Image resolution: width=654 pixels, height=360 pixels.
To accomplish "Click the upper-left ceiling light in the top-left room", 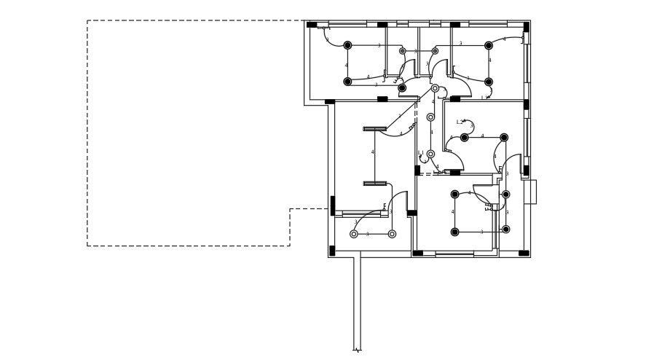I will click(347, 45).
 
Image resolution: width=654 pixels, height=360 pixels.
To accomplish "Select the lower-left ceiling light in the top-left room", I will click(347, 82).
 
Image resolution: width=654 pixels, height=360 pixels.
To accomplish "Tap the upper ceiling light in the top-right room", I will click(489, 45).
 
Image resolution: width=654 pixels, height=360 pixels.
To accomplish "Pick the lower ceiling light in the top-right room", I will click(489, 82).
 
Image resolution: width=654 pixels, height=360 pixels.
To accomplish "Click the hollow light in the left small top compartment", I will click(402, 51).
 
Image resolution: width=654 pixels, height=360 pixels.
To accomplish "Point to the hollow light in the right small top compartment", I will click(435, 51).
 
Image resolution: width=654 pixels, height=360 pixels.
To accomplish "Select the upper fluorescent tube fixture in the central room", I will click(374, 129).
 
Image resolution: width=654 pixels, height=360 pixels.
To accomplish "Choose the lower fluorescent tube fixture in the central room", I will click(374, 184).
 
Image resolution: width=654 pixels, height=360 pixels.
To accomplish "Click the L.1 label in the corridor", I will click(421, 153).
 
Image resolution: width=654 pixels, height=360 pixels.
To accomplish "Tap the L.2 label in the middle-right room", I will click(460, 122).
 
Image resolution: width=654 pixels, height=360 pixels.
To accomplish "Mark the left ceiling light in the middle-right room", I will click(465, 138).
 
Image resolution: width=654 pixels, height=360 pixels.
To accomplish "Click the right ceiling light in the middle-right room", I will click(504, 138).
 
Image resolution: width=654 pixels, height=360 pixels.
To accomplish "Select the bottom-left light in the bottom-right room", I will click(455, 232).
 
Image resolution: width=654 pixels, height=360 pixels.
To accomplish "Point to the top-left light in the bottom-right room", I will click(455, 195).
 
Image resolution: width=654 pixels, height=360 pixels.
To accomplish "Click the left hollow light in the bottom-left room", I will click(354, 234).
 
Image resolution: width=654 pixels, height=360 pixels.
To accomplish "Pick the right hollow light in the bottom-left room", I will click(392, 234).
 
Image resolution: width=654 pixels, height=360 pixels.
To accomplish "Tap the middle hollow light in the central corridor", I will click(430, 117).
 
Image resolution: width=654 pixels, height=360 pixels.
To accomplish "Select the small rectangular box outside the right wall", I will click(531, 192).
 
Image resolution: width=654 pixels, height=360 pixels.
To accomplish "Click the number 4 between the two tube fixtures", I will click(373, 152).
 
